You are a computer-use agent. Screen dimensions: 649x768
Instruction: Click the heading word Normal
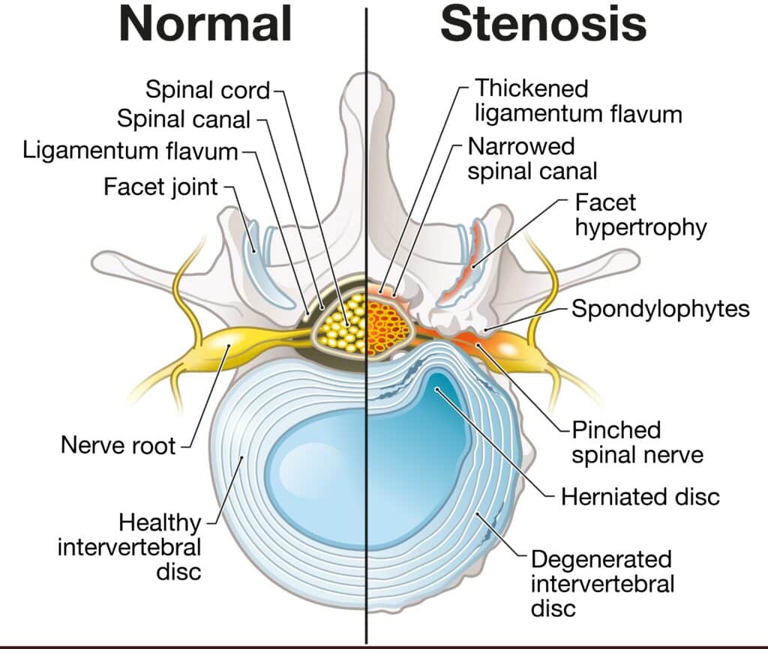[205, 24]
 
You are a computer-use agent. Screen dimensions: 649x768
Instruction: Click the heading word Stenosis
[544, 24]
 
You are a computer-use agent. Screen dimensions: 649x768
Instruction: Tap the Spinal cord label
[207, 91]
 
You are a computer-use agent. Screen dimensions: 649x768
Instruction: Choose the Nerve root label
[118, 445]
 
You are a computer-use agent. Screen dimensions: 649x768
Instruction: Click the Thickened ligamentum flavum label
[577, 100]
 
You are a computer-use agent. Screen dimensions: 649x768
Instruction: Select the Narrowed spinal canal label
[532, 157]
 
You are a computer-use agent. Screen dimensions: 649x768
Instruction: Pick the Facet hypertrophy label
[640, 214]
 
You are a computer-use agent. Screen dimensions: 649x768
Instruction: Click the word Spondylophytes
[660, 308]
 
